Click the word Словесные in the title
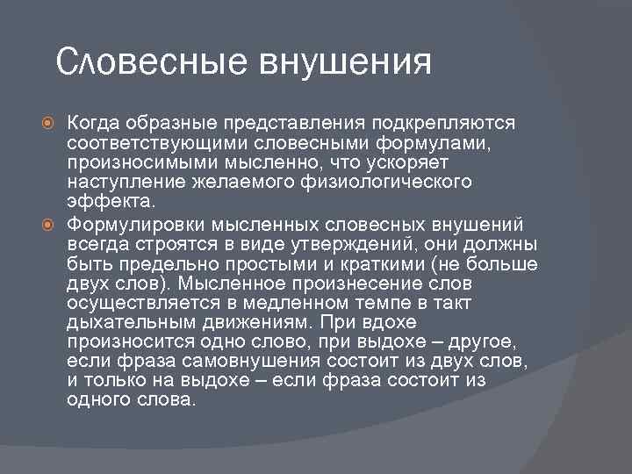pyautogui.click(x=152, y=64)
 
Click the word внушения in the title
pyautogui.click(x=345, y=64)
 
